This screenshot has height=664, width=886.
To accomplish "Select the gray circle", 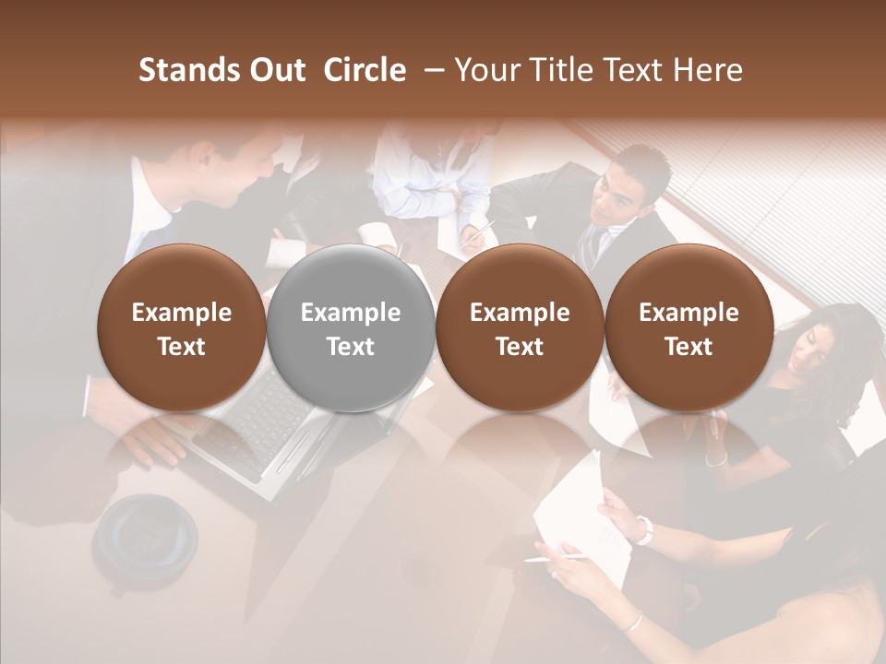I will pyautogui.click(x=351, y=328).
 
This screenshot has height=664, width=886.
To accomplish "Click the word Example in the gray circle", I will pyautogui.click(x=351, y=313).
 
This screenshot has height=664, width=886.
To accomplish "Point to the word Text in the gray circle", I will pyautogui.click(x=351, y=347).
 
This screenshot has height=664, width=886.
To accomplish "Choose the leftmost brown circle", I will pyautogui.click(x=182, y=328).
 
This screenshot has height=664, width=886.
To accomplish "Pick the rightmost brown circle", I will pyautogui.click(x=688, y=328).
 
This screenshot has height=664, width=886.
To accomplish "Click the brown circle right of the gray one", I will pyautogui.click(x=520, y=328).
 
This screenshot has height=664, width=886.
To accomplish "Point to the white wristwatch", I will pyautogui.click(x=643, y=529).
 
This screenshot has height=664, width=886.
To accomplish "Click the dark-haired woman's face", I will pyautogui.click(x=812, y=346).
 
